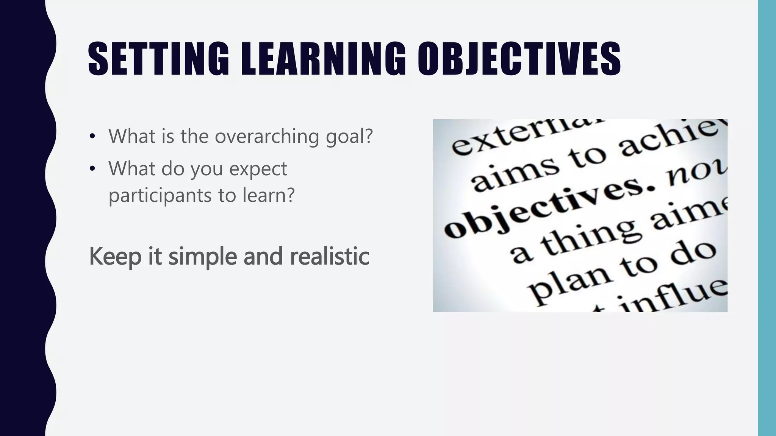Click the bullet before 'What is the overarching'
tap(92, 137)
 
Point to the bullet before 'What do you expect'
tap(92, 169)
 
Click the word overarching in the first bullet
tap(267, 136)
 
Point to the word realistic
tap(329, 256)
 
